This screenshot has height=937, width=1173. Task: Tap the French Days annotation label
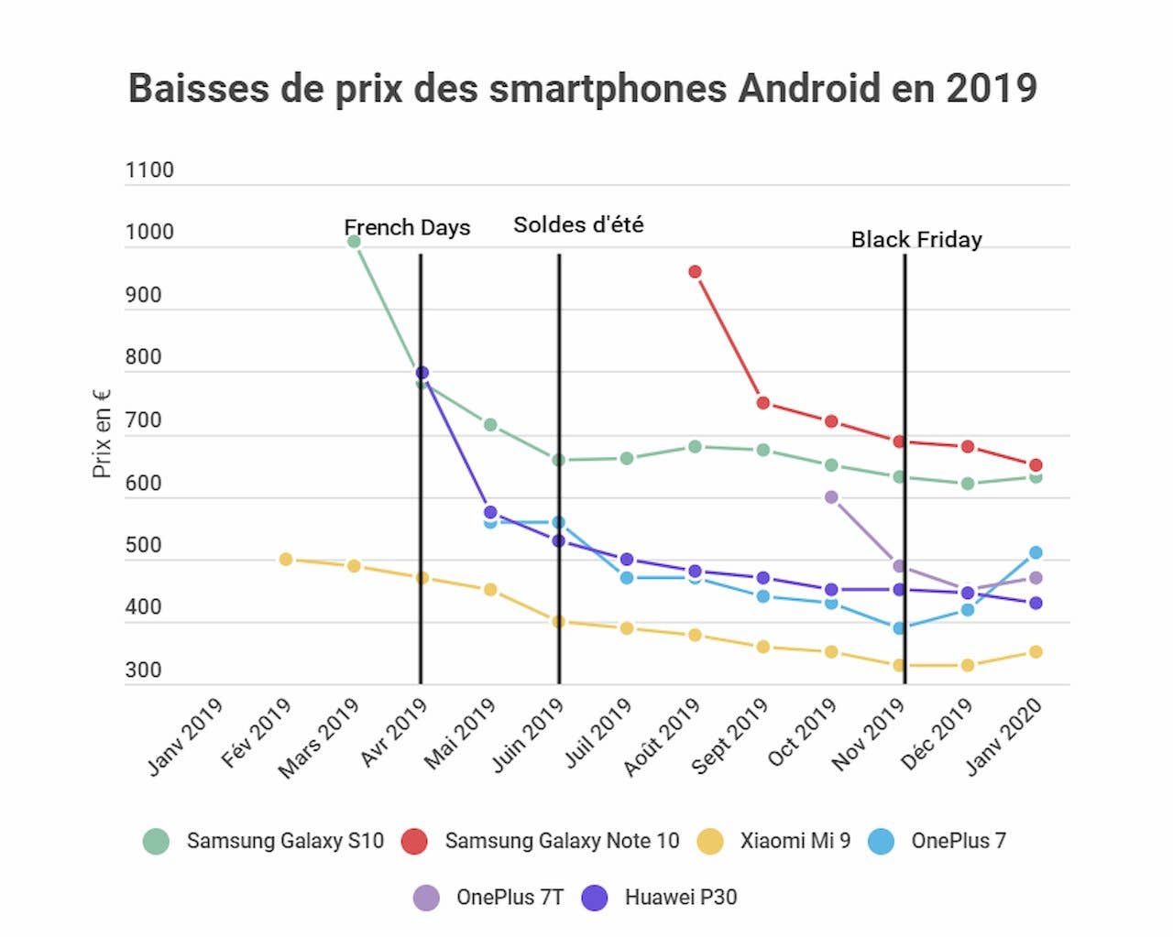(x=407, y=227)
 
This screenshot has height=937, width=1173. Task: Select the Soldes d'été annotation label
(x=578, y=224)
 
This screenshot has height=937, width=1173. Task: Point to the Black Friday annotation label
(x=916, y=239)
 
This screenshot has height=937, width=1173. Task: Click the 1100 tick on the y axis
(x=149, y=170)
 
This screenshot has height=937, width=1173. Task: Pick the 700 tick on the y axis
(x=143, y=420)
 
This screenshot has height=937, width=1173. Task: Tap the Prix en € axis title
(x=102, y=432)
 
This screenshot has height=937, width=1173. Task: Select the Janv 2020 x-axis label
(x=1005, y=735)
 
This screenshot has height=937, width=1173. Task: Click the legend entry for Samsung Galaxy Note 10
(x=561, y=841)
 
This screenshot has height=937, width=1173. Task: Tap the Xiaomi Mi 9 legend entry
(x=795, y=841)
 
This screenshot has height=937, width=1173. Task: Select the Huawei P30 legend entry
(x=680, y=898)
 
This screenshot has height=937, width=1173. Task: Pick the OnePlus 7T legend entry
(x=510, y=898)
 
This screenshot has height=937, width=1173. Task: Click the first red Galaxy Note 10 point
(x=695, y=271)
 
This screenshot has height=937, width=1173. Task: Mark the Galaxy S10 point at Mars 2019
(x=354, y=241)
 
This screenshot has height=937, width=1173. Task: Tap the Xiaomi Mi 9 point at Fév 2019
(x=286, y=559)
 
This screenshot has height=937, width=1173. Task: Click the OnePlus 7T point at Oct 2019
(x=831, y=497)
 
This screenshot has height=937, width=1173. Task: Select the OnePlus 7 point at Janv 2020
(x=1036, y=552)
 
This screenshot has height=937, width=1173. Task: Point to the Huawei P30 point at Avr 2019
(x=422, y=373)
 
